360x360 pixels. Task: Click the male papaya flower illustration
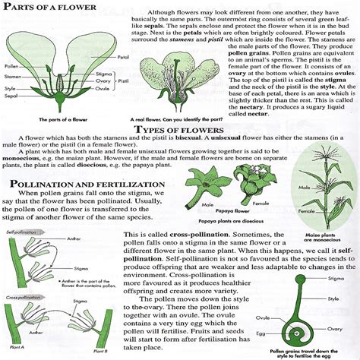193,183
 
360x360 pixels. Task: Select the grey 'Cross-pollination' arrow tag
23,297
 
